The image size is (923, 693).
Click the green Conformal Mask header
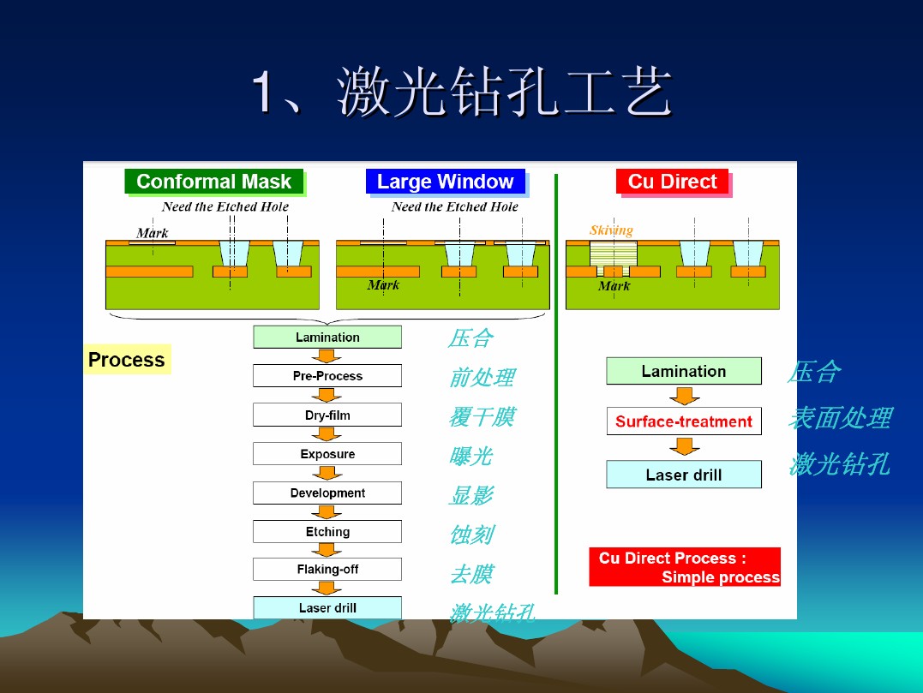click(214, 182)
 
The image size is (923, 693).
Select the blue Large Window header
click(446, 182)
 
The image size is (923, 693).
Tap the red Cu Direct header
click(672, 182)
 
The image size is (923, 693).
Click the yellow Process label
click(127, 360)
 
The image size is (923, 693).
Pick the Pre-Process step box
click(327, 376)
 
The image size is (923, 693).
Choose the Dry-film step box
click(327, 415)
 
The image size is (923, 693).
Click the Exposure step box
click(327, 453)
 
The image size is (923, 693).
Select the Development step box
click(327, 493)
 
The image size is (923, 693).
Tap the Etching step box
click(327, 532)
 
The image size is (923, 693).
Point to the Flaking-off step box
click(327, 570)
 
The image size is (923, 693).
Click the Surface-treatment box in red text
click(684, 421)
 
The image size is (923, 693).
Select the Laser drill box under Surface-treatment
click(684, 475)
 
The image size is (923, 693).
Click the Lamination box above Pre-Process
click(327, 338)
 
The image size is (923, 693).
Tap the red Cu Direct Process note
click(685, 567)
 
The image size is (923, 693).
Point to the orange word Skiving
click(611, 230)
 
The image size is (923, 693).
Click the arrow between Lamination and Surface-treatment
click(684, 396)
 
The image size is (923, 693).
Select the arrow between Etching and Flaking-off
click(327, 550)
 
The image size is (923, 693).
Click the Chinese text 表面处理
click(840, 418)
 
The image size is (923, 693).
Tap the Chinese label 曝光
click(470, 456)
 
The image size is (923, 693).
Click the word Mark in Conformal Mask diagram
click(153, 233)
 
